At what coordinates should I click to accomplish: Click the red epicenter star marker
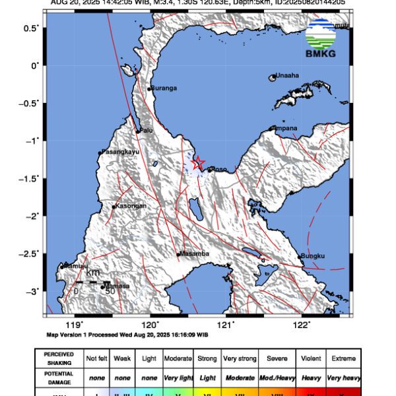point(197,162)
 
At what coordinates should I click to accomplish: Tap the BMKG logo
point(321,38)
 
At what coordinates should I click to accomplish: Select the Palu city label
point(146,130)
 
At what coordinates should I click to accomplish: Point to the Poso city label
point(218,169)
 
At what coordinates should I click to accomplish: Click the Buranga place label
point(164,88)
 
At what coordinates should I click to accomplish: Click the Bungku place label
point(313,255)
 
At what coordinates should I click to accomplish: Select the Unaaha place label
point(288,75)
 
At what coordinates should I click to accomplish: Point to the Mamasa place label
point(118,286)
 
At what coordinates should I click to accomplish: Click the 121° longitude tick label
point(226,325)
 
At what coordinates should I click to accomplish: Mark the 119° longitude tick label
point(75,325)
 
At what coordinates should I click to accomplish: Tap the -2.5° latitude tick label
point(30,253)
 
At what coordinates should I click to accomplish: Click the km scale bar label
point(92,272)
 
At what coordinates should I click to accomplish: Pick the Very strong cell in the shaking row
point(240,358)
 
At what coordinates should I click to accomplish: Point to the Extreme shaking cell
point(343,358)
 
